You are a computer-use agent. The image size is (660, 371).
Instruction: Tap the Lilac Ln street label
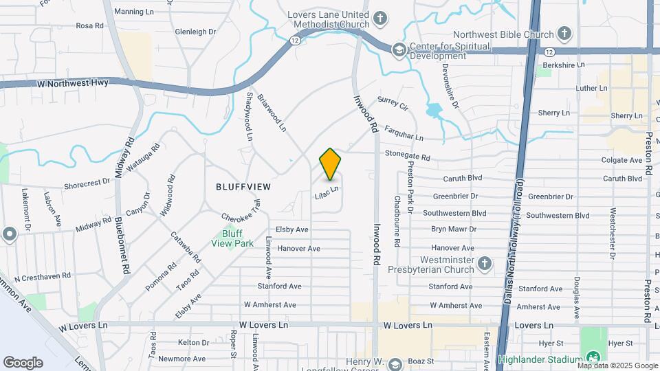point(327,193)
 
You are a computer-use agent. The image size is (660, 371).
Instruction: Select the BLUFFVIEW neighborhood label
point(243,186)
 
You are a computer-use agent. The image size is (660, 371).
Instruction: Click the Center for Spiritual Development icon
point(398,49)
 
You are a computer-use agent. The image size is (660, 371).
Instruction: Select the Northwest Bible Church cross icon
point(564,34)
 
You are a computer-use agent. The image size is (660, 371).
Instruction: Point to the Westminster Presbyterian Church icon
point(485,264)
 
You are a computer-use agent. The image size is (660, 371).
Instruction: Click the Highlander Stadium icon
point(592,358)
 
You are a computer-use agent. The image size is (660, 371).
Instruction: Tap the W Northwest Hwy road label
point(75,82)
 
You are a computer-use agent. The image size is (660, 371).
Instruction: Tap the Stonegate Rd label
point(407,155)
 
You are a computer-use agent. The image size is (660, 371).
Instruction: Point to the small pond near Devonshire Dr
point(434,111)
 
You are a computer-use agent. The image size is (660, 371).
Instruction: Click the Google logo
point(23,362)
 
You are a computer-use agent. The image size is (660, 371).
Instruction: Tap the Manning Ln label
point(134,12)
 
